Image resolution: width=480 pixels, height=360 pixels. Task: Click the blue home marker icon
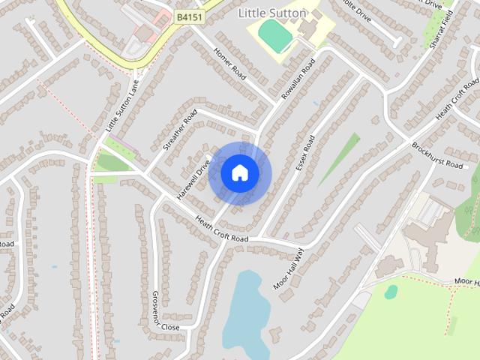tap(239, 173)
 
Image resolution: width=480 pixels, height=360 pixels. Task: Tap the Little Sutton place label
tap(271, 13)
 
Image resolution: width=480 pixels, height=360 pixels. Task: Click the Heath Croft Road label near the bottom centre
tap(221, 228)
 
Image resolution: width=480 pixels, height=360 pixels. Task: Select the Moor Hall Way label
tap(289, 268)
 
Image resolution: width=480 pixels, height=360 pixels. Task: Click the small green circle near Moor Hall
tap(391, 292)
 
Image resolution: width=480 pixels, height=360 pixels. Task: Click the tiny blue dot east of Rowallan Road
tap(316, 102)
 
